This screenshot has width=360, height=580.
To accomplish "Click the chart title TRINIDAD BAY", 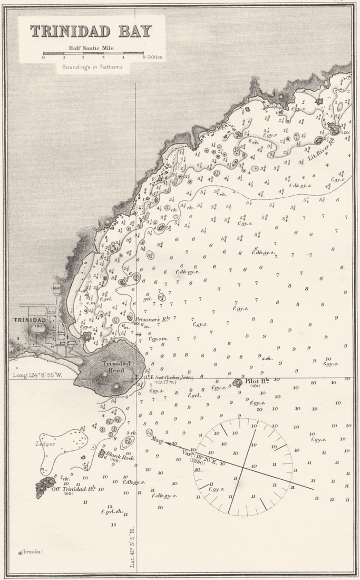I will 91,31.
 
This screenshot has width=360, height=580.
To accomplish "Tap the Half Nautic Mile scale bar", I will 93,53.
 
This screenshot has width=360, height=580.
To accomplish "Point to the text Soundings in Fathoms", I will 92,67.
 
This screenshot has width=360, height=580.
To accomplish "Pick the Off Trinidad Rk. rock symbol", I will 45,486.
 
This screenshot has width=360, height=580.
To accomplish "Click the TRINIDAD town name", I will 31,320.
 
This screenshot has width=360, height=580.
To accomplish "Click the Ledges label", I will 45,444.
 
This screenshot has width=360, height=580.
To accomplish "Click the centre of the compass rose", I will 243,467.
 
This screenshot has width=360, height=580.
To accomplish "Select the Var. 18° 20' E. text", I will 198,456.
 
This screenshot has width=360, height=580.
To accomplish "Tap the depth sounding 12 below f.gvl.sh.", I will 113,525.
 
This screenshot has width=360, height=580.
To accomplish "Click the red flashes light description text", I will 174,378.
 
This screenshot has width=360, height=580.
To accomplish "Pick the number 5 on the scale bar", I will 143,57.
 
